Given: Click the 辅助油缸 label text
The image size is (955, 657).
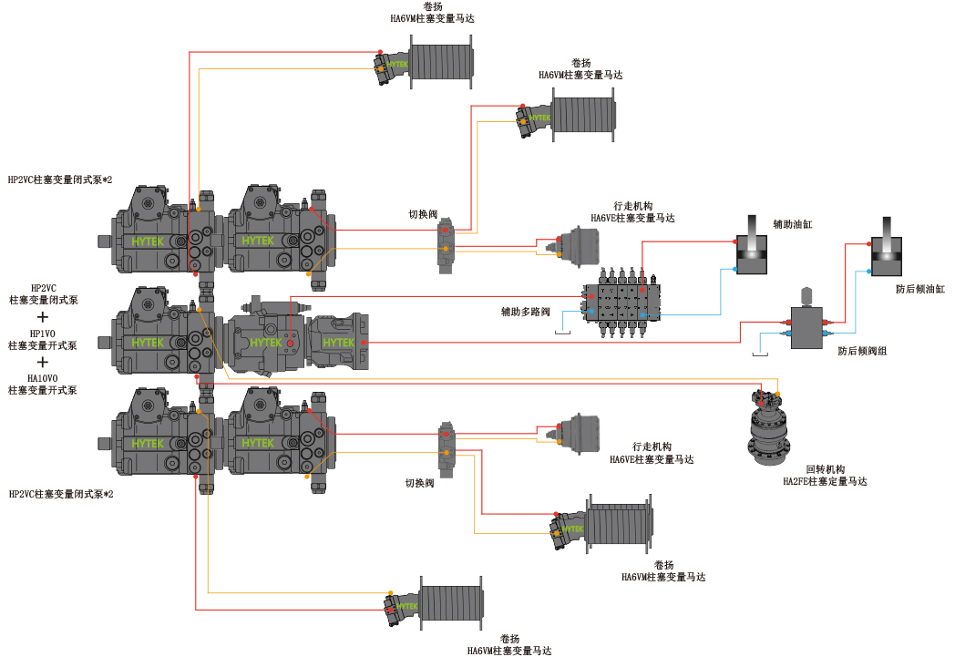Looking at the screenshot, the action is (793, 224).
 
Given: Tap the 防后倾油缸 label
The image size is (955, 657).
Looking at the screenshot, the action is (919, 289).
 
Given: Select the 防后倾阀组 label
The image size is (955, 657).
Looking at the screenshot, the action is (862, 351).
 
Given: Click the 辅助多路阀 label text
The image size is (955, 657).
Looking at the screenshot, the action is (525, 312).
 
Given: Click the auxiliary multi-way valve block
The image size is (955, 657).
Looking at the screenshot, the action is (621, 302).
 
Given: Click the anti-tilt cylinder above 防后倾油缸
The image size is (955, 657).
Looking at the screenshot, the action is (886, 247).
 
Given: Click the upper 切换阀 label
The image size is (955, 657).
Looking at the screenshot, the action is (423, 214).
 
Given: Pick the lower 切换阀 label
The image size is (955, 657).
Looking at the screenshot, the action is (420, 483).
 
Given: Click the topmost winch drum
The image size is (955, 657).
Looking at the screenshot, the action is (441, 61).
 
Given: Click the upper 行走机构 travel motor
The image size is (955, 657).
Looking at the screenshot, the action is (578, 247).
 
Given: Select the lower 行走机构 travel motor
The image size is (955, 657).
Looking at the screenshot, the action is (578, 434).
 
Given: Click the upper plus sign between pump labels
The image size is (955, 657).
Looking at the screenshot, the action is (43, 316).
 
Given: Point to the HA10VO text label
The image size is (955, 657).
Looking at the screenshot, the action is (43, 378).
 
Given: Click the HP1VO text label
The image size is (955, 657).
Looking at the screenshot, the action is (43, 334).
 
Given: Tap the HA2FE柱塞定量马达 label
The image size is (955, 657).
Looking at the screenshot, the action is (825, 481).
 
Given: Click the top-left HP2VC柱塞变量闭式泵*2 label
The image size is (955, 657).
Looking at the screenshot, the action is (60, 180).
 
